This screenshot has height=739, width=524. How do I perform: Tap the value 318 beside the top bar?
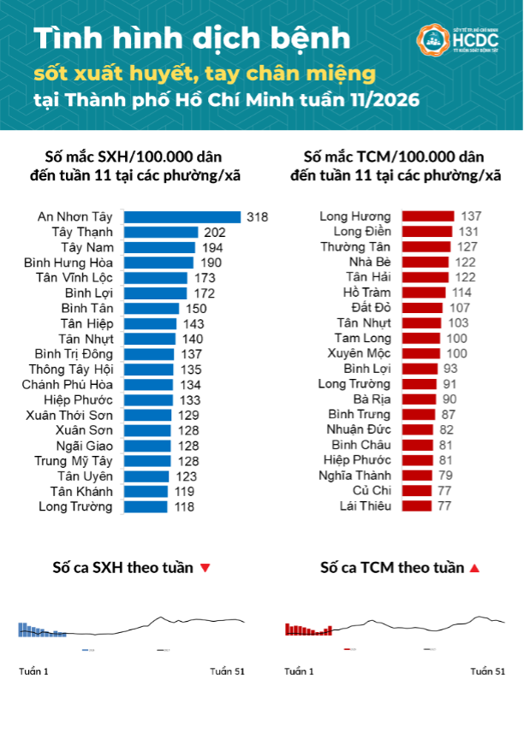click(x=257, y=217)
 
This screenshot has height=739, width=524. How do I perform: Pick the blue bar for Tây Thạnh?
click(x=160, y=232)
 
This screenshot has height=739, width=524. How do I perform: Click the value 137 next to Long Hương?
click(x=473, y=216)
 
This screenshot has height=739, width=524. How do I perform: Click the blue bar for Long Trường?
click(x=146, y=506)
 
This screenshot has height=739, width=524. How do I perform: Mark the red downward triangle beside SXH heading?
click(x=205, y=569)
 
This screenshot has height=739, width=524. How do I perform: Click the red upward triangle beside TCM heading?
click(x=474, y=569)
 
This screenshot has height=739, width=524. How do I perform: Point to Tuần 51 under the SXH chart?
click(x=227, y=671)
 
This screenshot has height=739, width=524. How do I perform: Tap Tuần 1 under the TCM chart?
click(x=299, y=671)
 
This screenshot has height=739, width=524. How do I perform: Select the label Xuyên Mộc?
click(x=362, y=353)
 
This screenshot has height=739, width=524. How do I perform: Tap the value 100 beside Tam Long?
click(x=457, y=338)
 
